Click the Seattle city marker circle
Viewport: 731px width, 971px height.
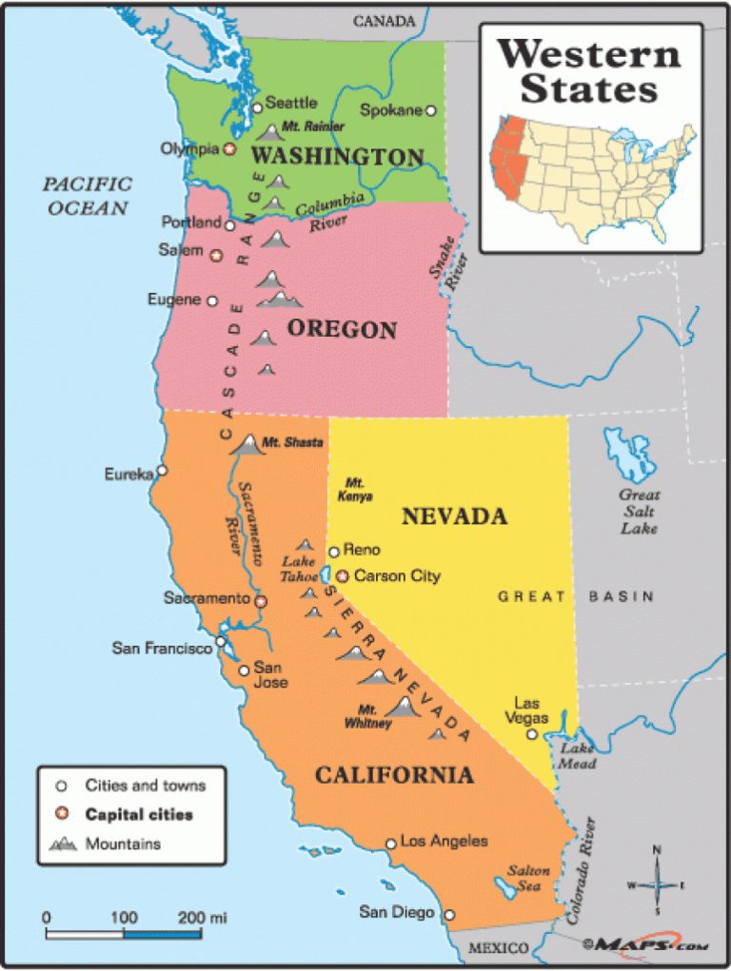pos(256,108)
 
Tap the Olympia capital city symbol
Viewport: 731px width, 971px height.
pos(229,149)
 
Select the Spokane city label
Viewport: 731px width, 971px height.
pos(390,110)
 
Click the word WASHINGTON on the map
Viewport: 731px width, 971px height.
pos(338,157)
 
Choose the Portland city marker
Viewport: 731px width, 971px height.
pos(229,224)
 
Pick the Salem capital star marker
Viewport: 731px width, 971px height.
pos(216,255)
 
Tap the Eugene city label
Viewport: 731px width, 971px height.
pos(174,300)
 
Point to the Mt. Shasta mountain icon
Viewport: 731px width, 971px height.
pos(249,443)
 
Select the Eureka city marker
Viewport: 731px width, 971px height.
pos(162,470)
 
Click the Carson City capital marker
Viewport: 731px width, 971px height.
pos(343,575)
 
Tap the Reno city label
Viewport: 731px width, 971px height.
pos(362,550)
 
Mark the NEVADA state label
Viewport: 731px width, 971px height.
pos(454,516)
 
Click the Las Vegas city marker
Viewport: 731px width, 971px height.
pos(532,733)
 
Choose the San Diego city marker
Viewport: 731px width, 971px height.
pos(450,915)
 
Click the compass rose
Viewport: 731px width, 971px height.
pos(657,884)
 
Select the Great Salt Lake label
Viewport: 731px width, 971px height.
pos(640,511)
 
